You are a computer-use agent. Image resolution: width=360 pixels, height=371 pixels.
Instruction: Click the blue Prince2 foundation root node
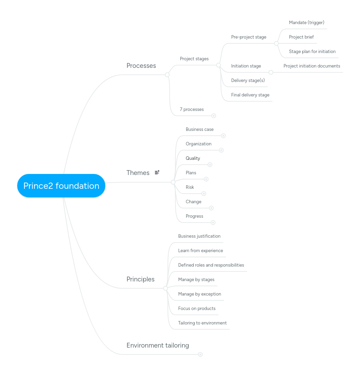coord(61,186)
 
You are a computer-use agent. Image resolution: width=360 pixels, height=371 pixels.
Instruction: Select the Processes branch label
coord(141,65)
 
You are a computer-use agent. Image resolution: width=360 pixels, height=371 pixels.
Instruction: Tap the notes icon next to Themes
coord(157,172)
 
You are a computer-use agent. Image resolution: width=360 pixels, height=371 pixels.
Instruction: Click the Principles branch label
coord(140,279)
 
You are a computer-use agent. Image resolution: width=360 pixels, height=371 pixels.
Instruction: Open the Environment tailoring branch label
coord(158,345)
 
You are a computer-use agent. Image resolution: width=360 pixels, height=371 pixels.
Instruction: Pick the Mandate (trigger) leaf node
coord(307,22)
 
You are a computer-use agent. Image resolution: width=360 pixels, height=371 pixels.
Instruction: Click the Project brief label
coord(301,37)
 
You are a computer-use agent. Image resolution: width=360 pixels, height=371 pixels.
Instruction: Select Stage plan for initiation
coord(312,51)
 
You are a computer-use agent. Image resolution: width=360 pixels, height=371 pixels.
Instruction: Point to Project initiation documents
coord(312,66)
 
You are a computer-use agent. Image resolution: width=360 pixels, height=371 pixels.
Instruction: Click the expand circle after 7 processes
coord(214,116)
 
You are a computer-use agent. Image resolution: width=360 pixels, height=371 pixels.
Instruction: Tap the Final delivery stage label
coord(250,95)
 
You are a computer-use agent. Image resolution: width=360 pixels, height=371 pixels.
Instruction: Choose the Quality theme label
coord(193,158)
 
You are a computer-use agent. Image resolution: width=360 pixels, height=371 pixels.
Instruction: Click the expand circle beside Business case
coord(223,136)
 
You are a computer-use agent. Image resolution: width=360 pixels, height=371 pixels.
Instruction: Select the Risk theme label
coord(190,187)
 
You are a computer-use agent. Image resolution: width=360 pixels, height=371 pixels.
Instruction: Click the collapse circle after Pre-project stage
coord(276,43)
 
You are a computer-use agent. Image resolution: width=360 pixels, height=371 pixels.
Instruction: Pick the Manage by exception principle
coord(200,294)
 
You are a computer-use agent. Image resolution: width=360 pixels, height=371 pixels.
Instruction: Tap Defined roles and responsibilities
coord(211,265)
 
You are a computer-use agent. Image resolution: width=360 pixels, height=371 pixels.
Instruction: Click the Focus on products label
coord(197,308)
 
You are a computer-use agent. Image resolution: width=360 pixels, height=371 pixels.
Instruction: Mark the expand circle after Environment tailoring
coord(200,354)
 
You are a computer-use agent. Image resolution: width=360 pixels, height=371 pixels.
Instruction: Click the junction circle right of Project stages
coord(219,65)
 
